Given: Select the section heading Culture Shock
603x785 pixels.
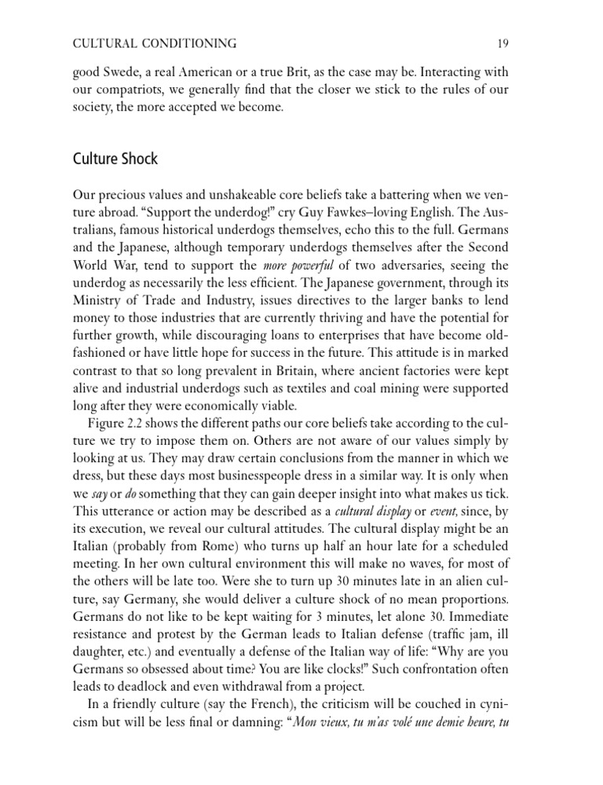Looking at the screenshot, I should click(x=114, y=159).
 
